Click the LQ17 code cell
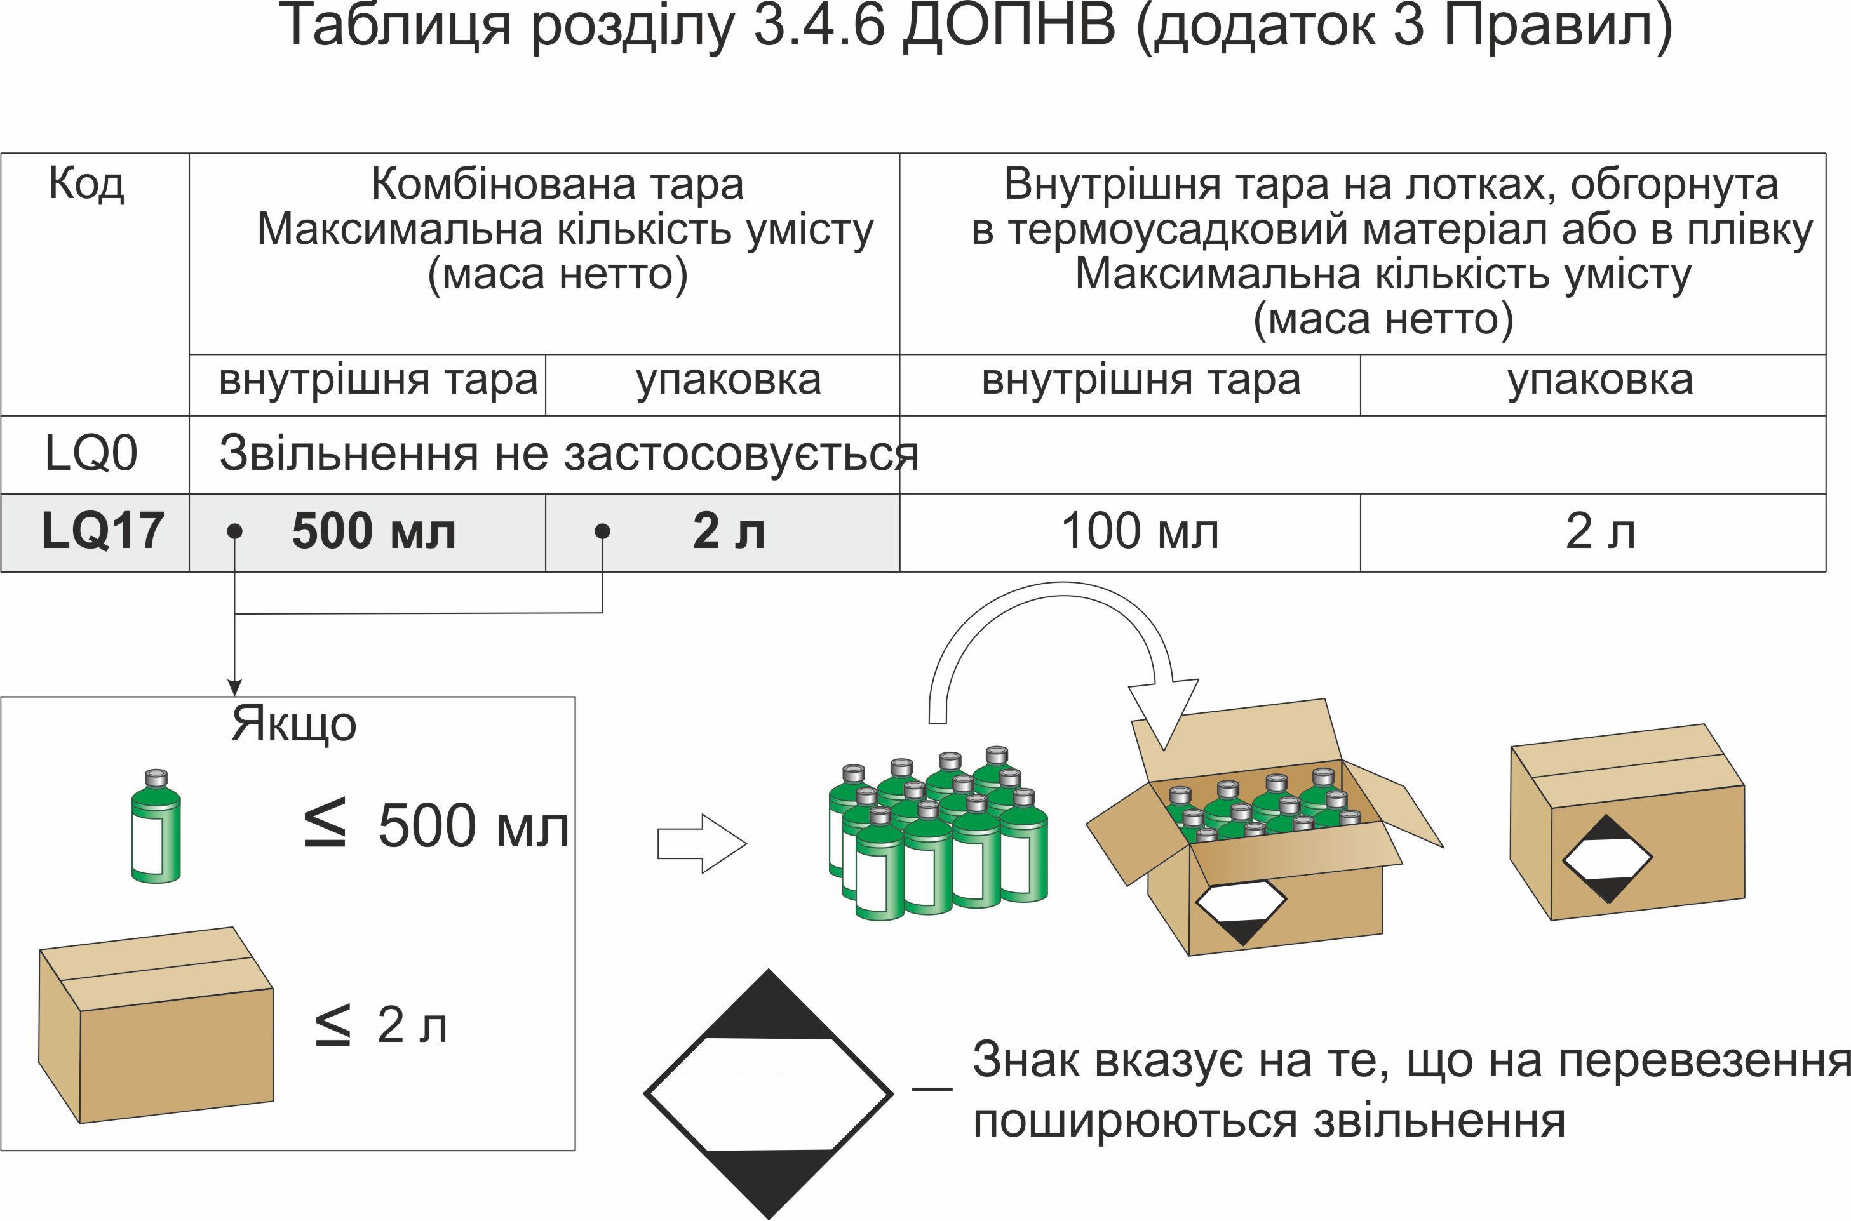[x=102, y=532]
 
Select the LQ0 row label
[x=91, y=453]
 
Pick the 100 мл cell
[x=1140, y=532]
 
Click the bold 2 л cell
[x=729, y=532]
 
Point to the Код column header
[x=86, y=185]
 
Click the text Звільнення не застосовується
[x=569, y=453]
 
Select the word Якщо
[x=293, y=725]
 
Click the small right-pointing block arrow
[x=701, y=843]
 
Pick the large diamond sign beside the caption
[x=768, y=1093]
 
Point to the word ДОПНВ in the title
[x=1009, y=27]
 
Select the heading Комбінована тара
[x=557, y=185]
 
